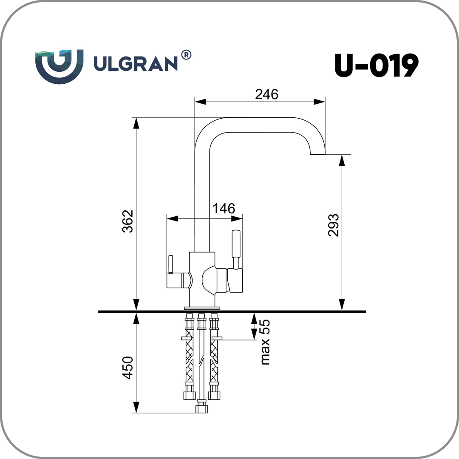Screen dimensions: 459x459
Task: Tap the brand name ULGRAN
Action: point(136,63)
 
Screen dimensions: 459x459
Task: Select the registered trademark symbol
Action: point(186,55)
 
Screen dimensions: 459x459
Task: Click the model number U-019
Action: point(377,65)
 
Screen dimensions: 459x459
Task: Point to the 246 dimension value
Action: point(266,94)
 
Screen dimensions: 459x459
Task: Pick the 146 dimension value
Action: point(224,208)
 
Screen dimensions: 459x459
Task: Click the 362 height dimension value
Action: point(127,221)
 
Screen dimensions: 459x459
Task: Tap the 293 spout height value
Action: point(334,225)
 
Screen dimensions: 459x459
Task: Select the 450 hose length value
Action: point(127,368)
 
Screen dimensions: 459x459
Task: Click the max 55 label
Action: point(265,342)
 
